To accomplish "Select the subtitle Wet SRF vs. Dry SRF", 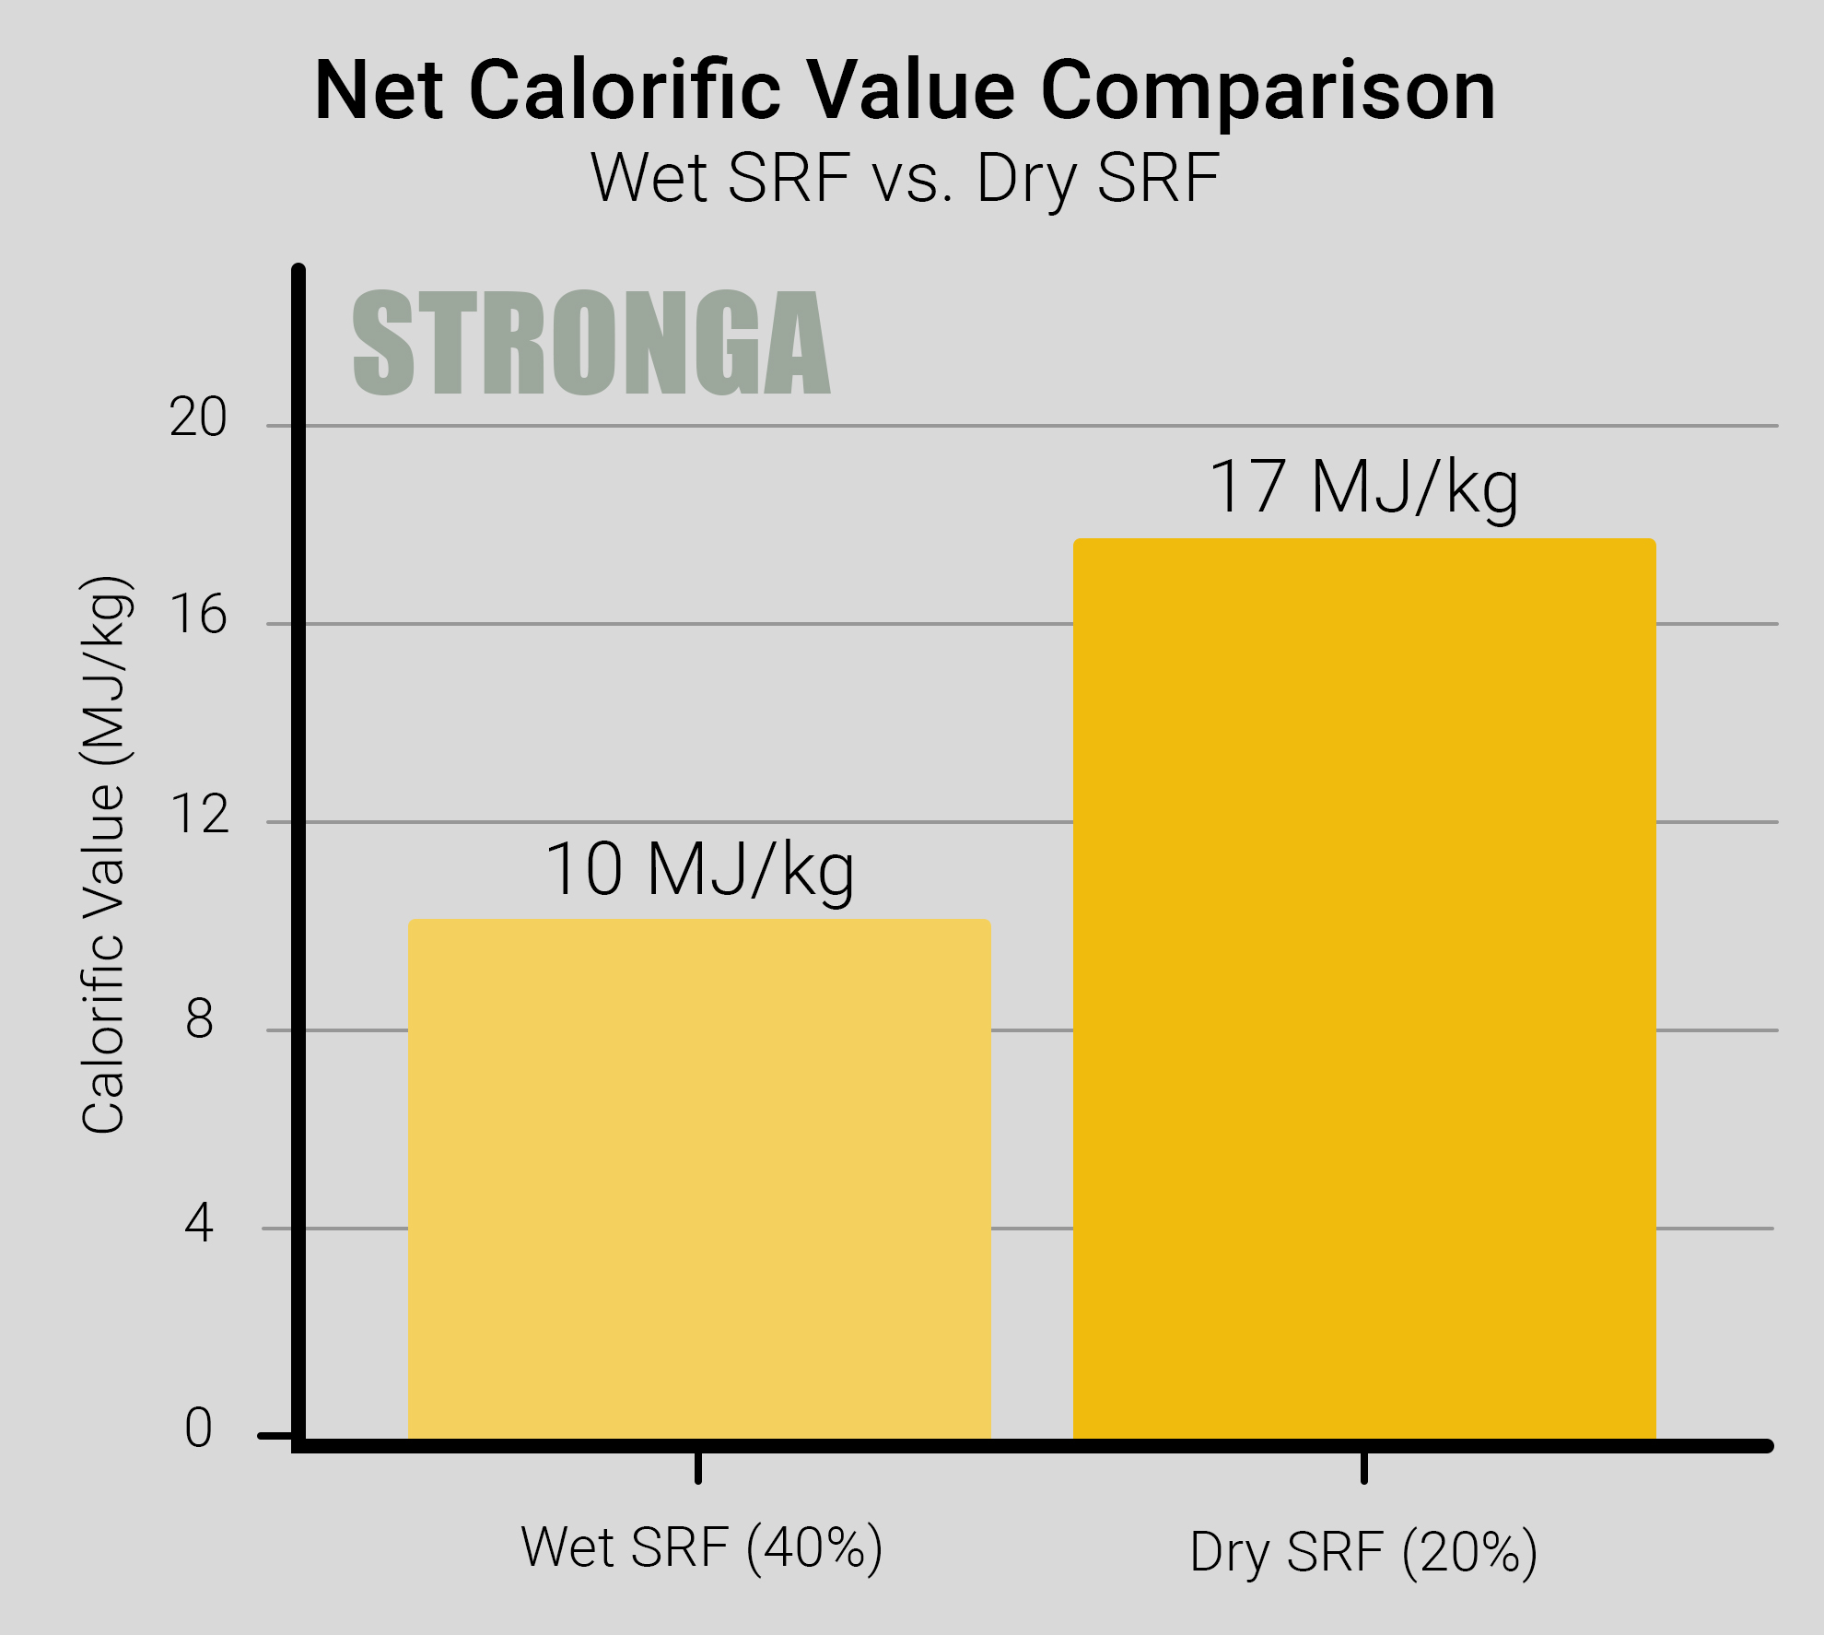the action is pos(905,179).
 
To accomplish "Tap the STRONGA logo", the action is pos(591,343).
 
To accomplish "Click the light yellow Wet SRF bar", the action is pos(699,1179).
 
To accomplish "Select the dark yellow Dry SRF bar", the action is pos(1364,989).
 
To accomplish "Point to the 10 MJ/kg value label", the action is pos(700,870).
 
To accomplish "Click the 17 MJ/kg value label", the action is pos(1363,488).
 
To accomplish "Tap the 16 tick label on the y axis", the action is pos(198,615).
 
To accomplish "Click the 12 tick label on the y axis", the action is pos(198,815).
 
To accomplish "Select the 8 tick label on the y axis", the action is pos(199,1020).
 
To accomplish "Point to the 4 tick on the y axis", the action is pos(199,1223).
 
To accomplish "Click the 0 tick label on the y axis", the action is pos(199,1428).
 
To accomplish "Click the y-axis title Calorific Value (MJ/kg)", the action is pos(103,854).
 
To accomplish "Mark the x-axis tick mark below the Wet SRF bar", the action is pos(698,1466).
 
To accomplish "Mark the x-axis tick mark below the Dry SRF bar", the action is pos(1364,1466).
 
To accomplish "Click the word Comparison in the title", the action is pos(1268,92).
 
